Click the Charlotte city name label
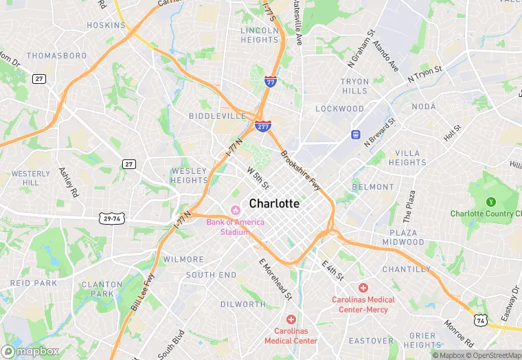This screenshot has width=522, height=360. click(274, 203)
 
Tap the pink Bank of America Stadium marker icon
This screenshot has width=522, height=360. click(236, 210)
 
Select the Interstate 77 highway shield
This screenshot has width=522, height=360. click(271, 81)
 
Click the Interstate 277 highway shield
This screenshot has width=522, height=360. click(262, 126)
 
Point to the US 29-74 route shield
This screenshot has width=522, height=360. click(112, 217)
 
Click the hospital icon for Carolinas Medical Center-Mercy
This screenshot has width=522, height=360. click(363, 288)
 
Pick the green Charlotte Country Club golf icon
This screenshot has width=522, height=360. click(490, 202)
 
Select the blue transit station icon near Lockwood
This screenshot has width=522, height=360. click(355, 134)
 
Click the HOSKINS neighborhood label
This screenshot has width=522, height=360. click(106, 25)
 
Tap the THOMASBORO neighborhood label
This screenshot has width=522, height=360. click(57, 55)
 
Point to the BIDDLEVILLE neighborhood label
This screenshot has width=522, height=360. click(217, 116)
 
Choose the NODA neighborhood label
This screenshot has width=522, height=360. click(423, 106)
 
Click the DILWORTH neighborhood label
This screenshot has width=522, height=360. click(242, 304)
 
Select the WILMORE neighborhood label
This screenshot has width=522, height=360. click(183, 260)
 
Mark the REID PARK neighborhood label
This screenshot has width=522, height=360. click(34, 283)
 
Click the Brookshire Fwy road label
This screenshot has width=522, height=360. click(301, 171)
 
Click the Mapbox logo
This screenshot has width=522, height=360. click(30, 351)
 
